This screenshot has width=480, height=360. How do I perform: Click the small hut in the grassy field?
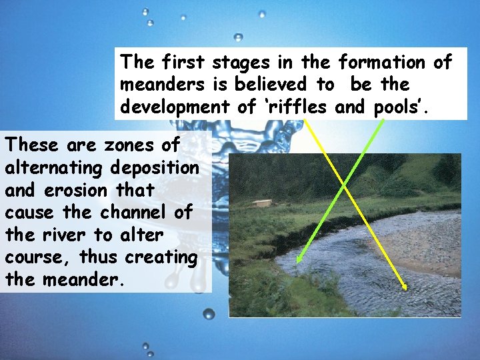(x=263, y=202)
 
